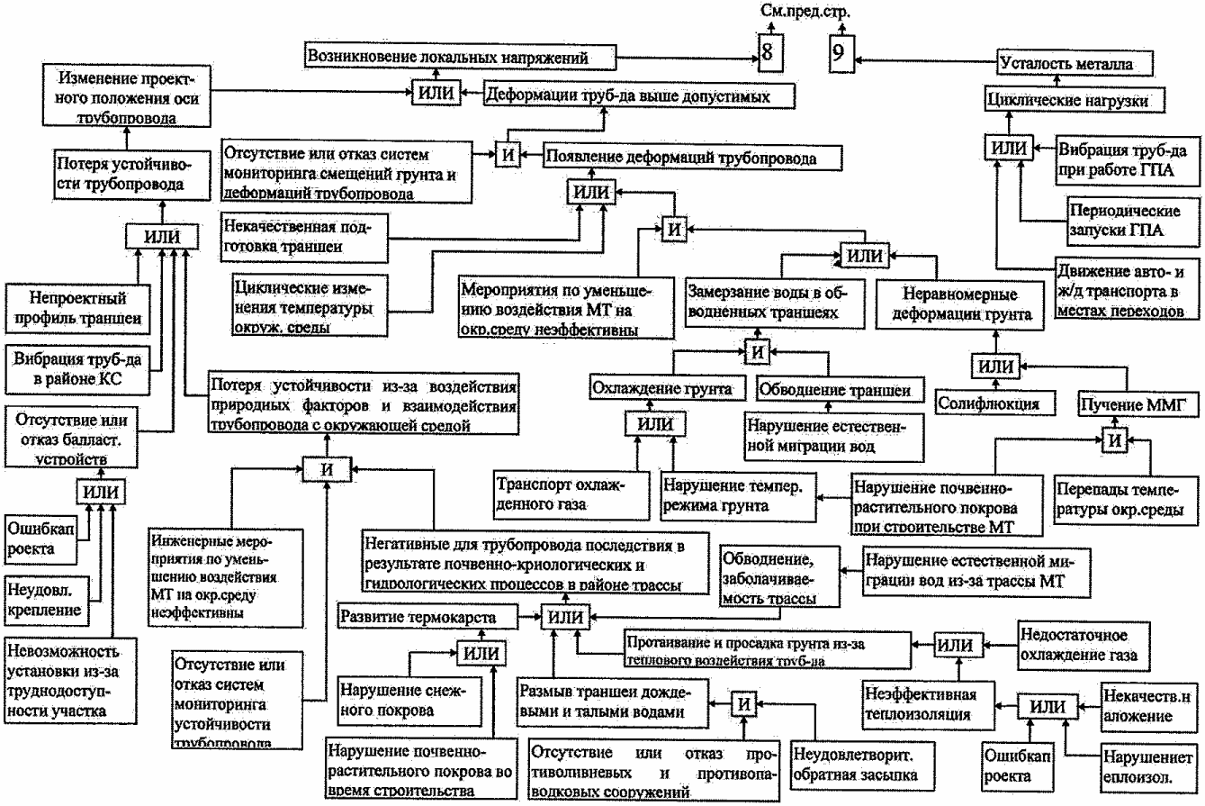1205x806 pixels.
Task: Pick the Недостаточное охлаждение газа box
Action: click(1084, 644)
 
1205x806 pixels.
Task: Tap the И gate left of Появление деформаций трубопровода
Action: click(508, 154)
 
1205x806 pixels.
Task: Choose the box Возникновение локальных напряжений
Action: click(460, 57)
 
